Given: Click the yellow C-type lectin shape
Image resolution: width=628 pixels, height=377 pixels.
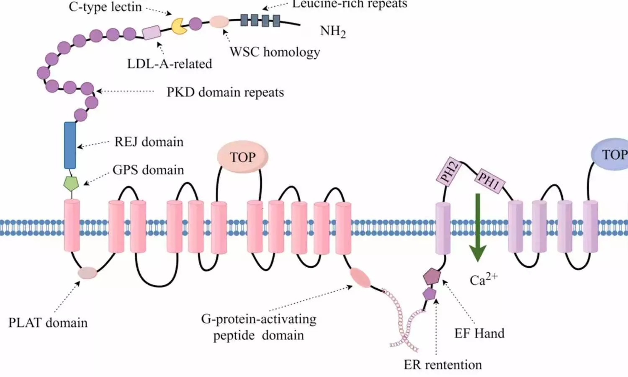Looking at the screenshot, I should [179, 26].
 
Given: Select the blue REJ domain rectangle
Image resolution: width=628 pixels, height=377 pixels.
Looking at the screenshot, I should [70, 145].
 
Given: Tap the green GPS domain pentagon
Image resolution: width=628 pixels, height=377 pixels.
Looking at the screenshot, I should [71, 183].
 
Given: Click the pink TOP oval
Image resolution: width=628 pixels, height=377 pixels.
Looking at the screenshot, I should [242, 157].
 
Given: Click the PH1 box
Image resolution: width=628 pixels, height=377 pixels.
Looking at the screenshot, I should [489, 181].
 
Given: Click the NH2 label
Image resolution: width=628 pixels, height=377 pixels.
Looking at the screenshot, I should [333, 31].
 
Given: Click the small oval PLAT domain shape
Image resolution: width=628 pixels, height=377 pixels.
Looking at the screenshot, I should [87, 273].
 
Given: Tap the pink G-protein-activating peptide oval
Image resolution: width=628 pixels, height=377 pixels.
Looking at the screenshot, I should [360, 278].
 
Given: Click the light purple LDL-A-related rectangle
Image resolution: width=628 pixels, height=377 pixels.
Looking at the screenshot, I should [152, 32].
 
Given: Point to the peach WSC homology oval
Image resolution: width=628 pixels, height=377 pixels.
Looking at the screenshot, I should [219, 21].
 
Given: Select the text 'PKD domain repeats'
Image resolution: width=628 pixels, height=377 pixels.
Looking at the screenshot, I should [225, 92].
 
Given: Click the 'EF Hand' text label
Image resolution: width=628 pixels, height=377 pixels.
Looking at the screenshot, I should [479, 333].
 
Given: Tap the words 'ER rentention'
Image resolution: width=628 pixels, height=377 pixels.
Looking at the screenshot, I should [443, 365].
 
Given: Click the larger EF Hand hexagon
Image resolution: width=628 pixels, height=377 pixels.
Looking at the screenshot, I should [432, 276].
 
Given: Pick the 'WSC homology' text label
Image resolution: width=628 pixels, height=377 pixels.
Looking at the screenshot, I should [275, 52].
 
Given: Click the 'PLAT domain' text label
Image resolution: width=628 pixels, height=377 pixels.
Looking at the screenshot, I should [48, 323].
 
